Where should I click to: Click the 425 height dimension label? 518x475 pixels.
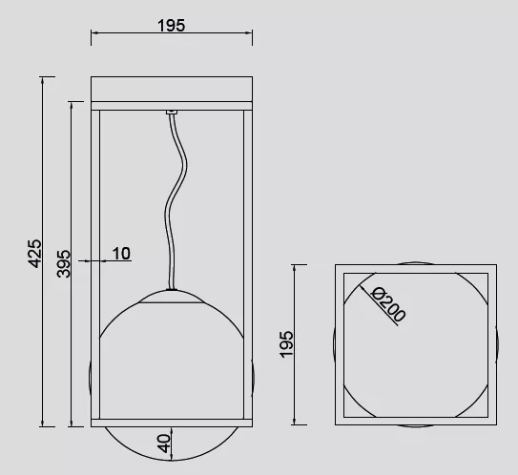34,254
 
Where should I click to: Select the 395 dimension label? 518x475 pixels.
63,263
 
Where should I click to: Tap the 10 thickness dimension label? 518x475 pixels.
121,254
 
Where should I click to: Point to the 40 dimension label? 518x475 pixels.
164,444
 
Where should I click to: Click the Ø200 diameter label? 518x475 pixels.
388,304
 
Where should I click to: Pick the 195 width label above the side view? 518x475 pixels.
171,26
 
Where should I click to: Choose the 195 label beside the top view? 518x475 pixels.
286,344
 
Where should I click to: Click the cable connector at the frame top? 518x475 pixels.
172,113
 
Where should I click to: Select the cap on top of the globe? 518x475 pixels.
172,297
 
